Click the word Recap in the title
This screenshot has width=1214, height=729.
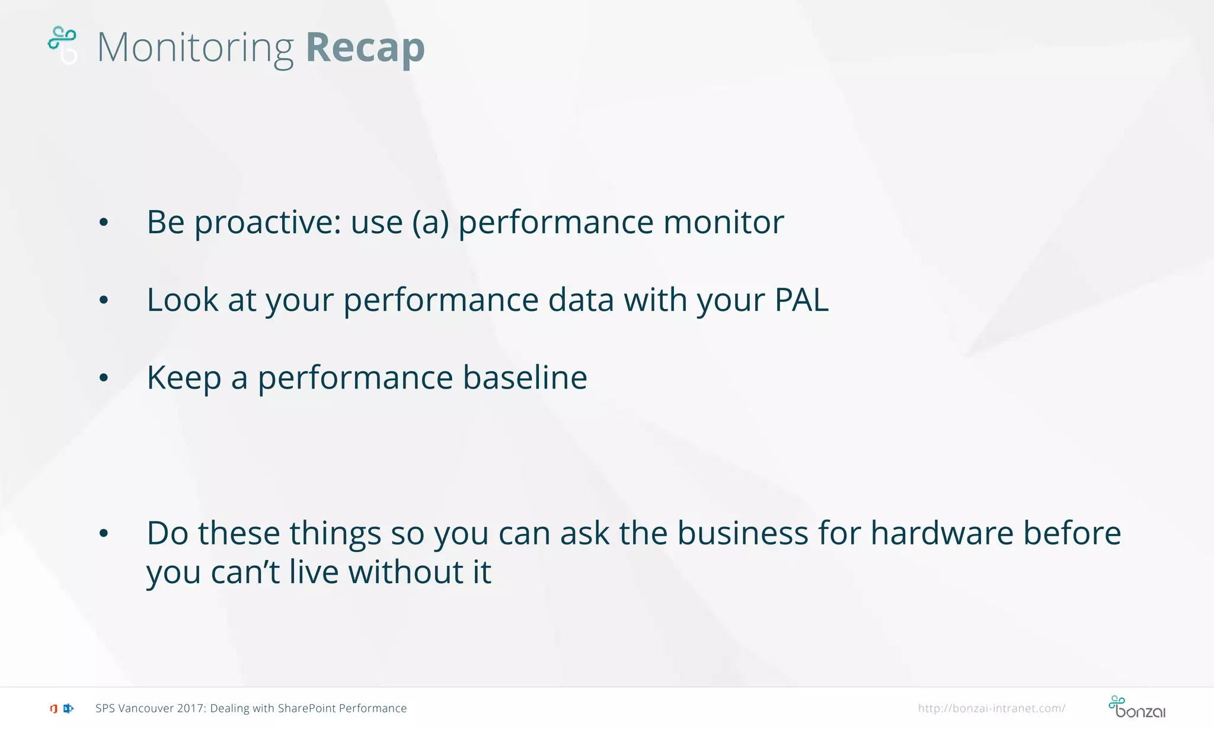pyautogui.click(x=365, y=47)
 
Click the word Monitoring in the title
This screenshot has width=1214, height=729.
pyautogui.click(x=195, y=47)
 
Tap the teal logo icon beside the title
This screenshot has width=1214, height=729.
pyautogui.click(x=62, y=44)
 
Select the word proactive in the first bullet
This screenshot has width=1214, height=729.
pyautogui.click(x=267, y=222)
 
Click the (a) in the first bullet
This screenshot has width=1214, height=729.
pyautogui.click(x=430, y=222)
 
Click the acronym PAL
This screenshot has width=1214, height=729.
pyautogui.click(x=801, y=300)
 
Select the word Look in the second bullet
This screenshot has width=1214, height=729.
pyautogui.click(x=183, y=300)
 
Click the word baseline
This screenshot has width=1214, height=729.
pyautogui.click(x=525, y=377)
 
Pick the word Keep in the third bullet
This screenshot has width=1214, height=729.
pyautogui.click(x=184, y=377)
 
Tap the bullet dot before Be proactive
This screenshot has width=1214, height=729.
pyautogui.click(x=104, y=223)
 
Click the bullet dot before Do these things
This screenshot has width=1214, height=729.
pyautogui.click(x=104, y=534)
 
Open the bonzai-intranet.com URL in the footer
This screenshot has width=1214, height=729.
pyautogui.click(x=991, y=708)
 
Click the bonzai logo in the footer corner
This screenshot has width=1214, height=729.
pyautogui.click(x=1136, y=707)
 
